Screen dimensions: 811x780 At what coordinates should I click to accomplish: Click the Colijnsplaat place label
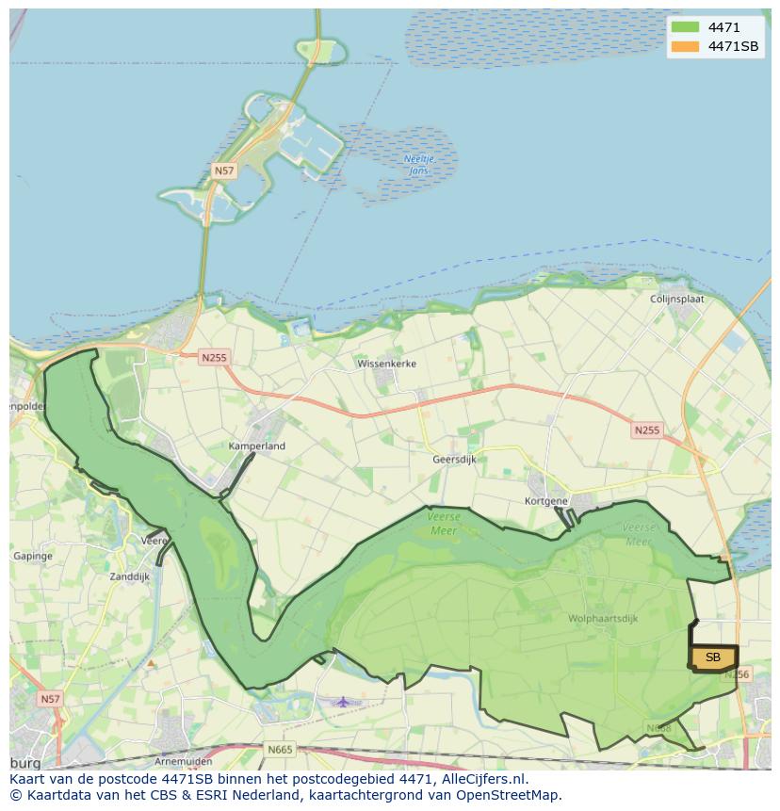pyautogui.click(x=676, y=299)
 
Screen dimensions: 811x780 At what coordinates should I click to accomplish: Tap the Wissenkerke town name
pyautogui.click(x=386, y=363)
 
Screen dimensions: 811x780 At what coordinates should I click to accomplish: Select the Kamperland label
pyautogui.click(x=256, y=446)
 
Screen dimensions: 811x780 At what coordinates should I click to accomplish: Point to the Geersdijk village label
pyautogui.click(x=454, y=459)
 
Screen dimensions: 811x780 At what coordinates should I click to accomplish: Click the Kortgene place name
pyautogui.click(x=545, y=501)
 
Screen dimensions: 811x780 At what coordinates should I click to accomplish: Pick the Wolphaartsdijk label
pyautogui.click(x=603, y=619)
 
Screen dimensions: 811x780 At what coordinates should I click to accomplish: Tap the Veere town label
pyautogui.click(x=154, y=541)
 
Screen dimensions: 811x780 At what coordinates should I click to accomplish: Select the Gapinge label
pyautogui.click(x=33, y=557)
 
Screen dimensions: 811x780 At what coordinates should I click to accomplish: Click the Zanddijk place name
pyautogui.click(x=129, y=576)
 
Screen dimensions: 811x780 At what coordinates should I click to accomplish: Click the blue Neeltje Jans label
pyautogui.click(x=416, y=165)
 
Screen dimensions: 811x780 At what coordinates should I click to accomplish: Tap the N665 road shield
pyautogui.click(x=280, y=750)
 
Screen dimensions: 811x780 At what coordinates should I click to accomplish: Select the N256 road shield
pyautogui.click(x=737, y=673)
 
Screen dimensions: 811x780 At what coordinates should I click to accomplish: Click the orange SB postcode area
pyautogui.click(x=713, y=657)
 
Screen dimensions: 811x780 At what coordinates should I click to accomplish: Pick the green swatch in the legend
pyautogui.click(x=686, y=27)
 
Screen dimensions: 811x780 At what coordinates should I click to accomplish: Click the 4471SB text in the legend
pyautogui.click(x=733, y=46)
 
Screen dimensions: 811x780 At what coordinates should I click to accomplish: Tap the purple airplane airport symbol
pyautogui.click(x=343, y=701)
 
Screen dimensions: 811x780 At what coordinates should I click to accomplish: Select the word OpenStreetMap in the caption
pyautogui.click(x=511, y=795)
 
